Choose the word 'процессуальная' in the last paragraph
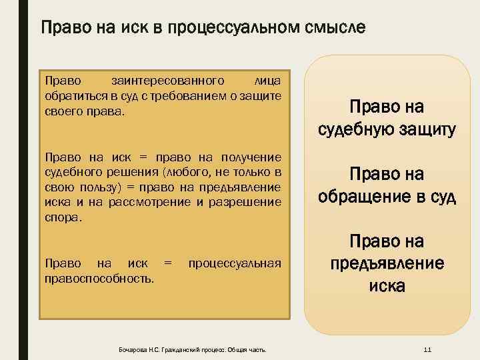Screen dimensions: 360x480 click(235, 263)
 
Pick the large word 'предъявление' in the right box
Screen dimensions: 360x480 click(387, 263)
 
